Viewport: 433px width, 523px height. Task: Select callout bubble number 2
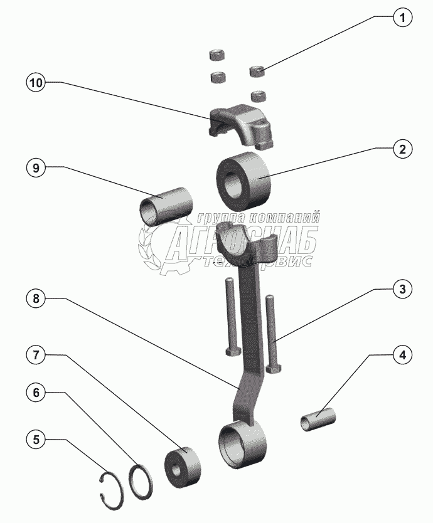[x=404, y=149]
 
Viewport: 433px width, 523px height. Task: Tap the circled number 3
[x=404, y=290]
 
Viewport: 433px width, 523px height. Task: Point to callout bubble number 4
[x=404, y=355]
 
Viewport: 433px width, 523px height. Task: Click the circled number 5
[x=36, y=440]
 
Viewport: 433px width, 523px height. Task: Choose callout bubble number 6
[x=36, y=393]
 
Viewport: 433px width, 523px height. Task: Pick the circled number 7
[x=36, y=355]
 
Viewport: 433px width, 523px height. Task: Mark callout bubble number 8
[x=36, y=299]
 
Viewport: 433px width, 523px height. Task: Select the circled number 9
[x=36, y=168]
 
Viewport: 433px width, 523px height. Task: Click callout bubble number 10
[x=36, y=83]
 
